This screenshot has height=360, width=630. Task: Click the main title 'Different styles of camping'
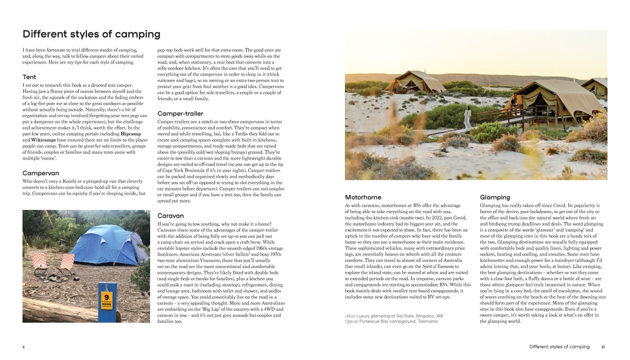(x=91, y=35)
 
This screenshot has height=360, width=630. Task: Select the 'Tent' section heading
(x=29, y=77)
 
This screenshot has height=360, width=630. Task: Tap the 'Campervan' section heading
(x=41, y=173)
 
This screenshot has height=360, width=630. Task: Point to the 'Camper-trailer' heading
(x=180, y=113)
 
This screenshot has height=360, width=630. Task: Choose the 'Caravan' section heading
(x=171, y=216)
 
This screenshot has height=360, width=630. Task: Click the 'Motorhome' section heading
(x=363, y=197)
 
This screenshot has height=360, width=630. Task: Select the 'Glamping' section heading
(x=495, y=197)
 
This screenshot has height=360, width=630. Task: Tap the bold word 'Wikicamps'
(x=43, y=141)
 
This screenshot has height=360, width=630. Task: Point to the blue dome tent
(x=107, y=245)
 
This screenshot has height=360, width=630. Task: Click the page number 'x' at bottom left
(x=24, y=347)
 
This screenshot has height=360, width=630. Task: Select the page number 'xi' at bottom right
(x=603, y=347)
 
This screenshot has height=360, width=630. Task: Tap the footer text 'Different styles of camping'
(x=559, y=347)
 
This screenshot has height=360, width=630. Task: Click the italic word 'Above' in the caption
(x=350, y=316)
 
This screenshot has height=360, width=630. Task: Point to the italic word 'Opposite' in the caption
(x=352, y=321)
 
